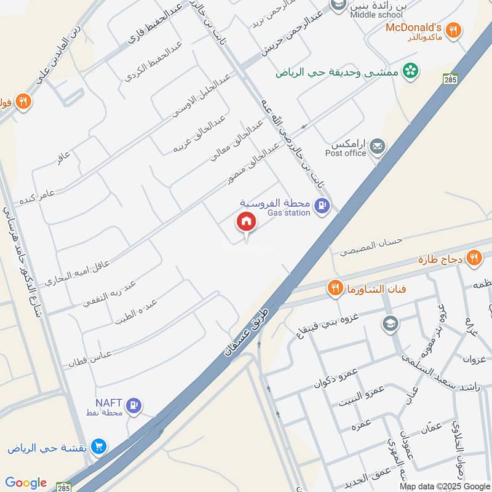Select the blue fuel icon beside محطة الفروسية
320,207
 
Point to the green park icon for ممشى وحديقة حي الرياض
410,71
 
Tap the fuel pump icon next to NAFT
134,405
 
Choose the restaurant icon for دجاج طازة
474,258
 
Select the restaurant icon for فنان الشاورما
335,288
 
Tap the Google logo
25,483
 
